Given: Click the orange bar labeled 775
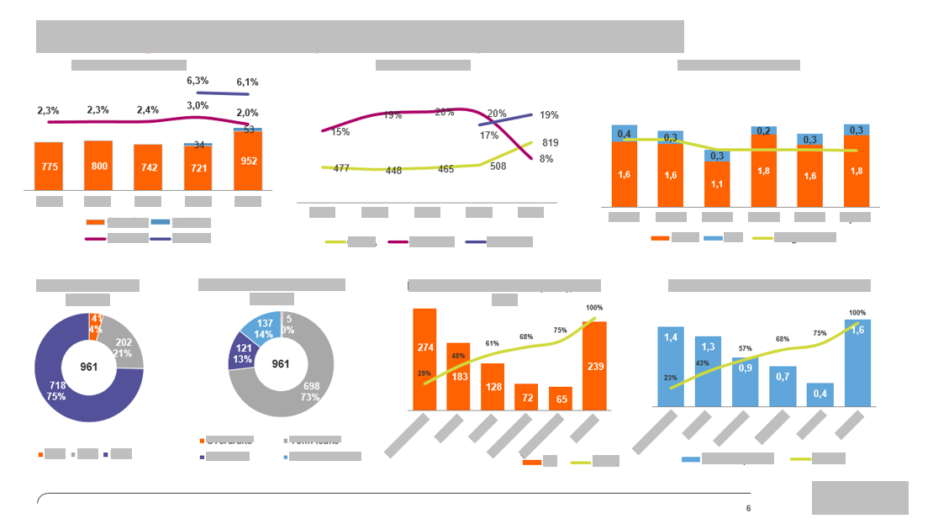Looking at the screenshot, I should click(x=49, y=167).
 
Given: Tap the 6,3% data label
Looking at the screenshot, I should click(x=197, y=81).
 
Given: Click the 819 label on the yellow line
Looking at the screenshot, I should click(x=551, y=143).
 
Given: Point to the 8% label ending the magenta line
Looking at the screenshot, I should click(x=546, y=158).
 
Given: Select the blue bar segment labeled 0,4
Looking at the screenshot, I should click(x=625, y=134).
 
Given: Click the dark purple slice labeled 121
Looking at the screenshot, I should click(x=244, y=353).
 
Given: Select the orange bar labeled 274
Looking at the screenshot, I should click(x=424, y=357).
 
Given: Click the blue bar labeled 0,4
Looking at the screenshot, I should click(x=820, y=394).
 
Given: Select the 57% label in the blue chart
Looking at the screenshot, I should click(x=745, y=348).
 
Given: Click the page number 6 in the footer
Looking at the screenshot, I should click(x=748, y=508).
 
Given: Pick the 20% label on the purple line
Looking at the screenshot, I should click(x=497, y=114).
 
